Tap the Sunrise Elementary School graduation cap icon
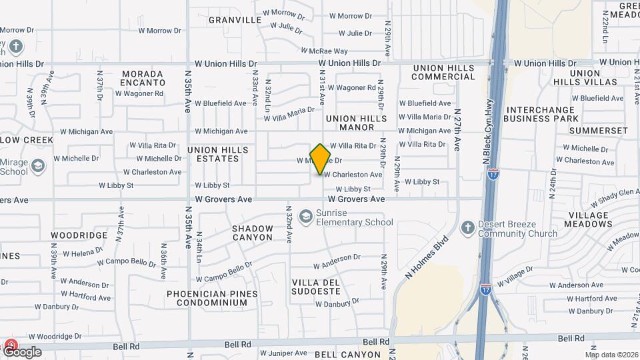click(306, 216)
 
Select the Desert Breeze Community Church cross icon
click(468, 227)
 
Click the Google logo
click(22, 351)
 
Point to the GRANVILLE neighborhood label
click(235, 20)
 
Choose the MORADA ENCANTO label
click(143, 78)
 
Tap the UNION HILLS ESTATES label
click(218, 154)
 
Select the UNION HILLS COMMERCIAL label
click(443, 72)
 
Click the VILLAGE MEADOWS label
click(589, 220)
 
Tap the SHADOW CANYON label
click(252, 233)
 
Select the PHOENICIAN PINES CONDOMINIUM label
click(211, 298)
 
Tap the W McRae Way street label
click(324, 51)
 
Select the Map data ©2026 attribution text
click(611, 354)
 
